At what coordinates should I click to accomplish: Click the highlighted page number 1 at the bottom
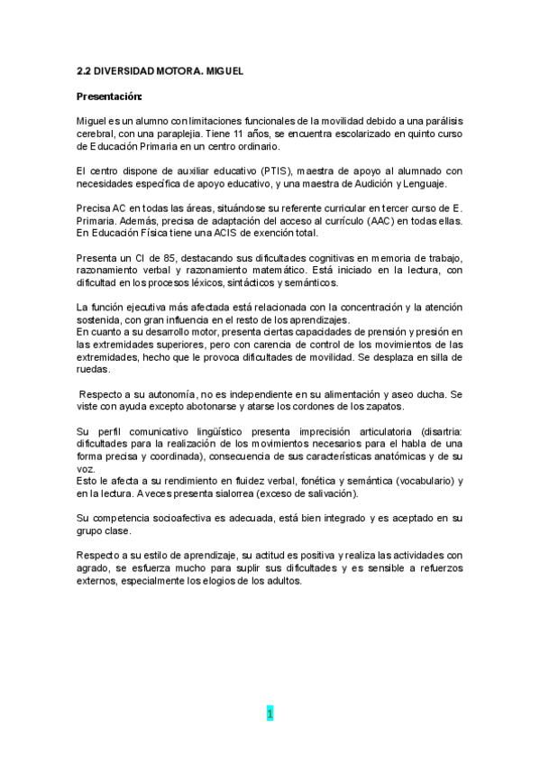pyautogui.click(x=269, y=714)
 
